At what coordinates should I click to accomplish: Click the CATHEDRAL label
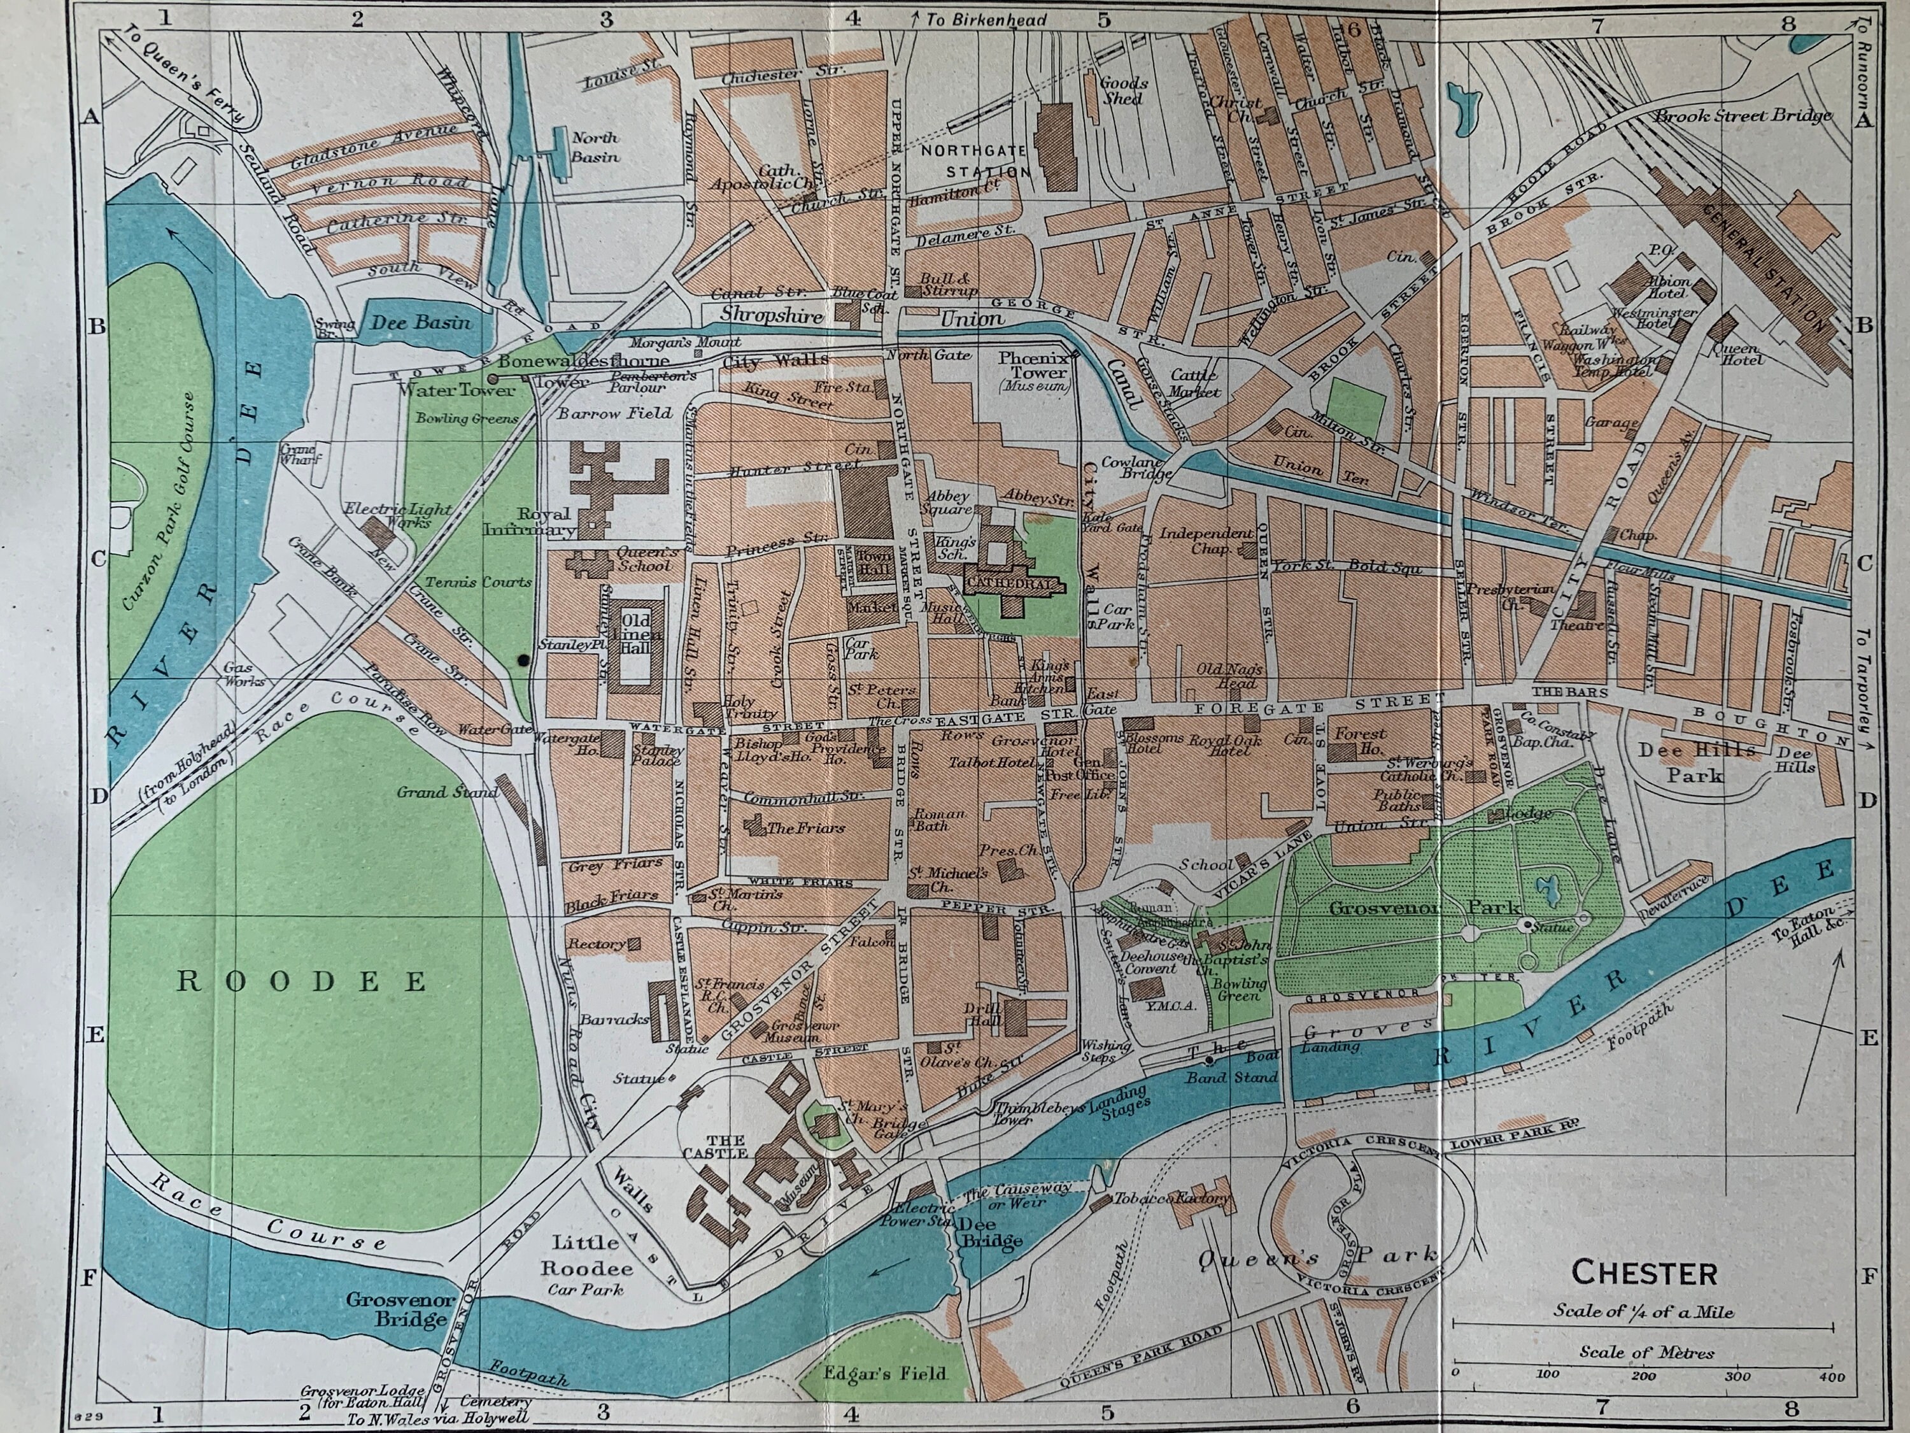[1010, 585]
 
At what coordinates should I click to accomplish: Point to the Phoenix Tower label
[1033, 366]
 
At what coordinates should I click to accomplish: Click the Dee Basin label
[421, 322]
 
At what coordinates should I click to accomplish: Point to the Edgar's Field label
[885, 1372]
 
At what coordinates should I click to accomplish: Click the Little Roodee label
[586, 1256]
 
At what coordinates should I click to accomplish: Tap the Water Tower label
[456, 390]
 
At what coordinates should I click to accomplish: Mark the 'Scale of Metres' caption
[1646, 1352]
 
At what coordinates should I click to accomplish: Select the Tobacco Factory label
[1171, 1199]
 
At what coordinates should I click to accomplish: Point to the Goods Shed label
[1123, 90]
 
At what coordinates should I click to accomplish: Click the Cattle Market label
[1194, 383]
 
